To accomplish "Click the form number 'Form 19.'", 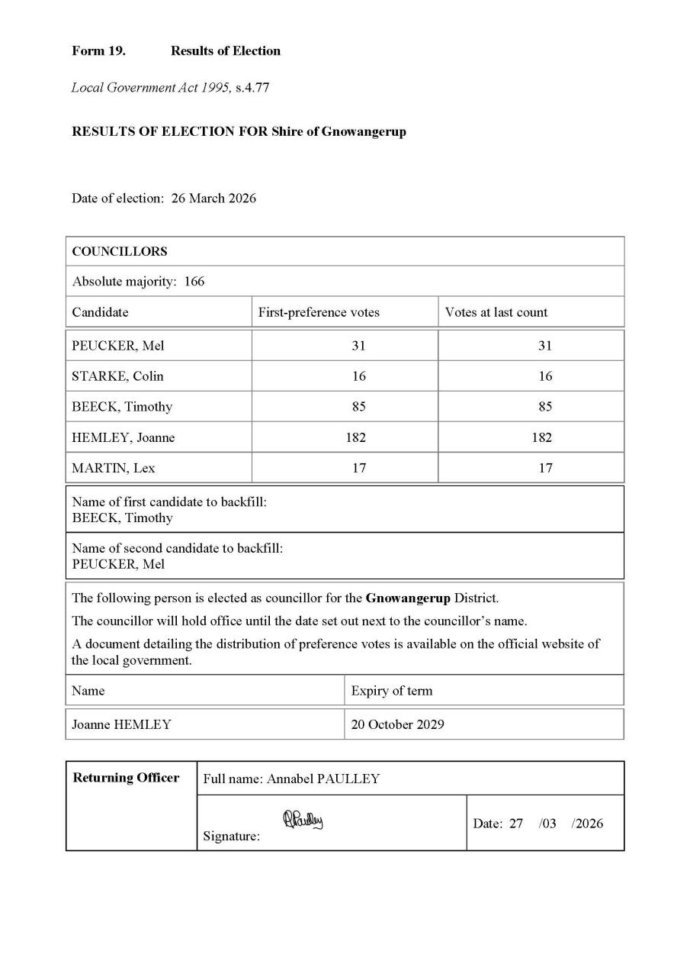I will click(x=98, y=51).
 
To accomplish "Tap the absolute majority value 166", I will click(x=194, y=281).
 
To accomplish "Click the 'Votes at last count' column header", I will click(x=496, y=312).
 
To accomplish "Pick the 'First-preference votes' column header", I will click(x=319, y=312).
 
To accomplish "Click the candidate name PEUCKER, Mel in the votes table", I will click(x=118, y=346).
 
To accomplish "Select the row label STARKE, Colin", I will click(x=117, y=376).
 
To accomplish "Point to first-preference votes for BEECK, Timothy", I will click(x=358, y=407).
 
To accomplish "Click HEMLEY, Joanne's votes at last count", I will click(x=544, y=437).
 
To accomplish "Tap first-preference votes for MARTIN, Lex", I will click(x=358, y=468).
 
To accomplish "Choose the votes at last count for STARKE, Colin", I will click(x=544, y=376).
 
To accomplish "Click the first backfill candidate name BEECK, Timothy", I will click(x=122, y=518).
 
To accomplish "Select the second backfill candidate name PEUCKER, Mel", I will click(x=118, y=565).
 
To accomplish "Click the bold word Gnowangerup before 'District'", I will click(x=408, y=598).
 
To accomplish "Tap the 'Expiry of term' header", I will click(x=391, y=691).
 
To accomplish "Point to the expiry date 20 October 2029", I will click(x=397, y=724).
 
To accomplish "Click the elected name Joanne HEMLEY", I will click(x=121, y=724).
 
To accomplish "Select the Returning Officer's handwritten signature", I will click(x=303, y=821).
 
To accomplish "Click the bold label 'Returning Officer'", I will click(x=126, y=778).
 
